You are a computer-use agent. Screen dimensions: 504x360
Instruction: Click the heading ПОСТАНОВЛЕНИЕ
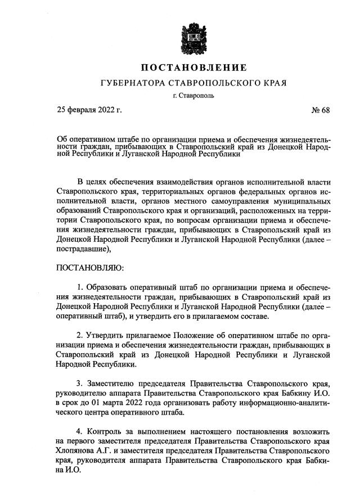pyautogui.click(x=193, y=68)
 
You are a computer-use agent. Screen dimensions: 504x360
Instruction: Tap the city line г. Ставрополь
pyautogui.click(x=193, y=96)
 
